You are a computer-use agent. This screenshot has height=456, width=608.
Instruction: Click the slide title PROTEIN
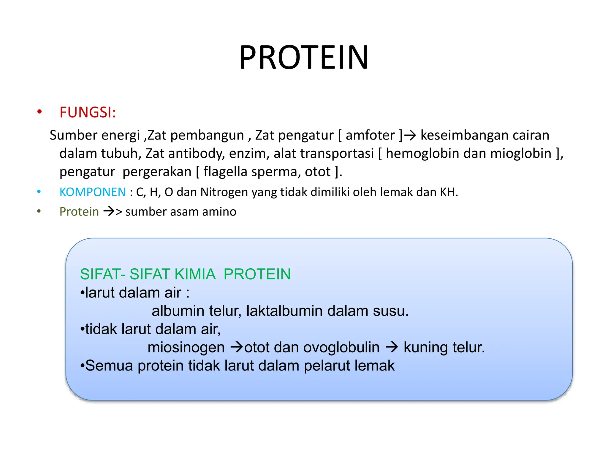[x=304, y=57]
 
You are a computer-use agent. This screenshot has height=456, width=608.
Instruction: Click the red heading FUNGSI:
[x=88, y=113]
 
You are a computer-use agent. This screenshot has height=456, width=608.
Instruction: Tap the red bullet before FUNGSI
[x=39, y=112]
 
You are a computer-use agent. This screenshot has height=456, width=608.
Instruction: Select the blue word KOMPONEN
[x=93, y=192]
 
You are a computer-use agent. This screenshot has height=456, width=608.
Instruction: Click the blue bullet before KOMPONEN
[x=39, y=192]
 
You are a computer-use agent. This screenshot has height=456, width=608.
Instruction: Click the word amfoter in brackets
[x=370, y=135]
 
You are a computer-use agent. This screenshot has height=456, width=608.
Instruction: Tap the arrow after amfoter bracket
[x=410, y=136]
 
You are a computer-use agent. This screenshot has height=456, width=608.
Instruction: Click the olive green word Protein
[x=79, y=212]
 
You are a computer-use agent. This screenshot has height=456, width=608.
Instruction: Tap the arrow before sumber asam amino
[x=109, y=211]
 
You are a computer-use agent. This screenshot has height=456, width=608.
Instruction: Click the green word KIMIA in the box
[x=195, y=274]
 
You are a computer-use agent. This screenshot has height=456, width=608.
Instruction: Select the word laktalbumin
[x=284, y=311]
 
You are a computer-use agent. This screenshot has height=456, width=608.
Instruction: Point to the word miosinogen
[x=186, y=347]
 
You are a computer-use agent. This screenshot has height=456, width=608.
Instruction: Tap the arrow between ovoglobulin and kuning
[x=392, y=347]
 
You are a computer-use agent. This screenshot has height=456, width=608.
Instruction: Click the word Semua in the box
[x=109, y=365]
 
